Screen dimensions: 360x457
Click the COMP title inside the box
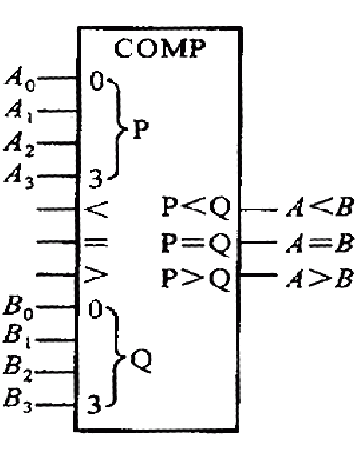click(x=161, y=48)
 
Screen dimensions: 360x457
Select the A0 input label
click(x=20, y=80)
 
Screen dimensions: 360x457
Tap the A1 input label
click(x=19, y=111)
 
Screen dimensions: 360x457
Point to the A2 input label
click(x=19, y=144)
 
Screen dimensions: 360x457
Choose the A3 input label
click(x=19, y=177)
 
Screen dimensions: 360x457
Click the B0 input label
click(x=18, y=308)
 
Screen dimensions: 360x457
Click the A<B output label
click(x=319, y=208)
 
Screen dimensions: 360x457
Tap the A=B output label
click(x=320, y=242)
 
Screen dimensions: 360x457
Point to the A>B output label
click(x=319, y=277)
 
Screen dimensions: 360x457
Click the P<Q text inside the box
click(x=197, y=208)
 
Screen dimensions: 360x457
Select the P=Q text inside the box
click(x=197, y=244)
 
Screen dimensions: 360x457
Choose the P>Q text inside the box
click(x=197, y=278)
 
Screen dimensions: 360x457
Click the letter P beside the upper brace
click(x=141, y=129)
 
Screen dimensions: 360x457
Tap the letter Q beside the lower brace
click(x=141, y=360)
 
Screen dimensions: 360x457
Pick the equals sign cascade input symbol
click(x=96, y=242)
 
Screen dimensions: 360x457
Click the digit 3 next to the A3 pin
click(x=95, y=179)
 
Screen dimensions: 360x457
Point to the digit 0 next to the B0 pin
click(x=95, y=309)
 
